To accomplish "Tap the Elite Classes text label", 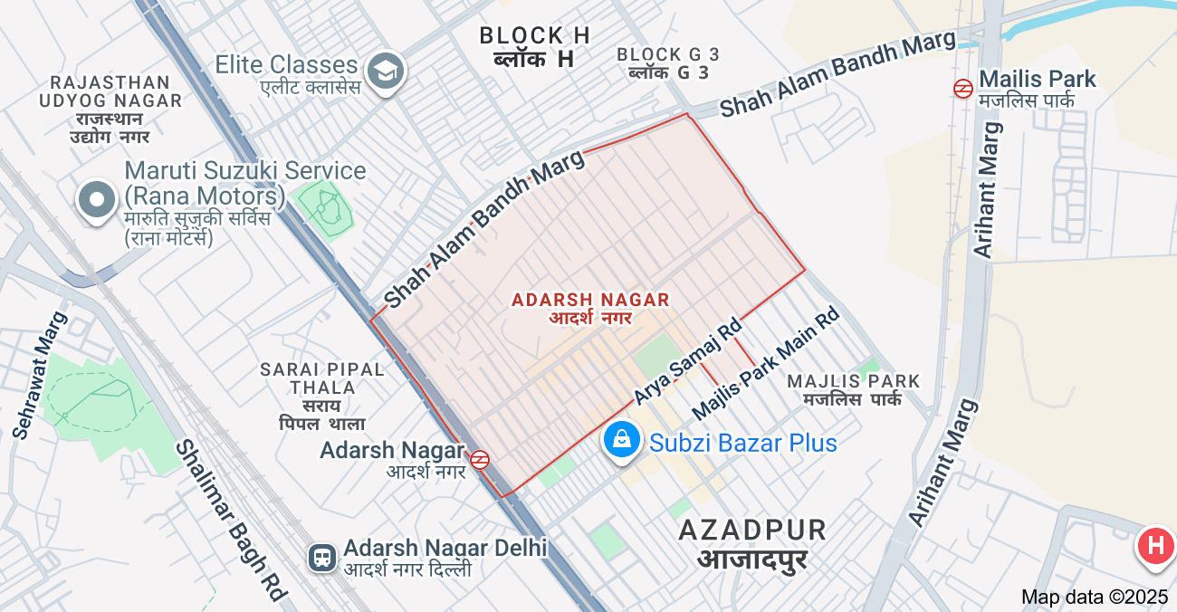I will click(286, 65).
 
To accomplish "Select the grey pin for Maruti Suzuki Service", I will click(97, 200).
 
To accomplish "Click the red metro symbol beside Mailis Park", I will click(962, 88).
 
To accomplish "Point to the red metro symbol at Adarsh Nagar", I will click(480, 460).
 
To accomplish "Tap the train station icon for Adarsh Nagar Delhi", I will click(322, 557).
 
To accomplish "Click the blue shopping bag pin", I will click(622, 441).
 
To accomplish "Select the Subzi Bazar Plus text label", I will click(742, 443).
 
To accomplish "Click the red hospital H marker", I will click(1155, 546).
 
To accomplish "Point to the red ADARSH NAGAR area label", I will click(590, 300).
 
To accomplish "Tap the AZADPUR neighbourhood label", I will click(752, 531).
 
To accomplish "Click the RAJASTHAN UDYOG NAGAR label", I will click(110, 91).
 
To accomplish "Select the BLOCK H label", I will click(534, 36).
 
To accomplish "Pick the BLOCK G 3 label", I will click(668, 54).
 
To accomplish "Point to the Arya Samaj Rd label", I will click(687, 361).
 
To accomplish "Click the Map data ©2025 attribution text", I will click(1095, 597).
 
